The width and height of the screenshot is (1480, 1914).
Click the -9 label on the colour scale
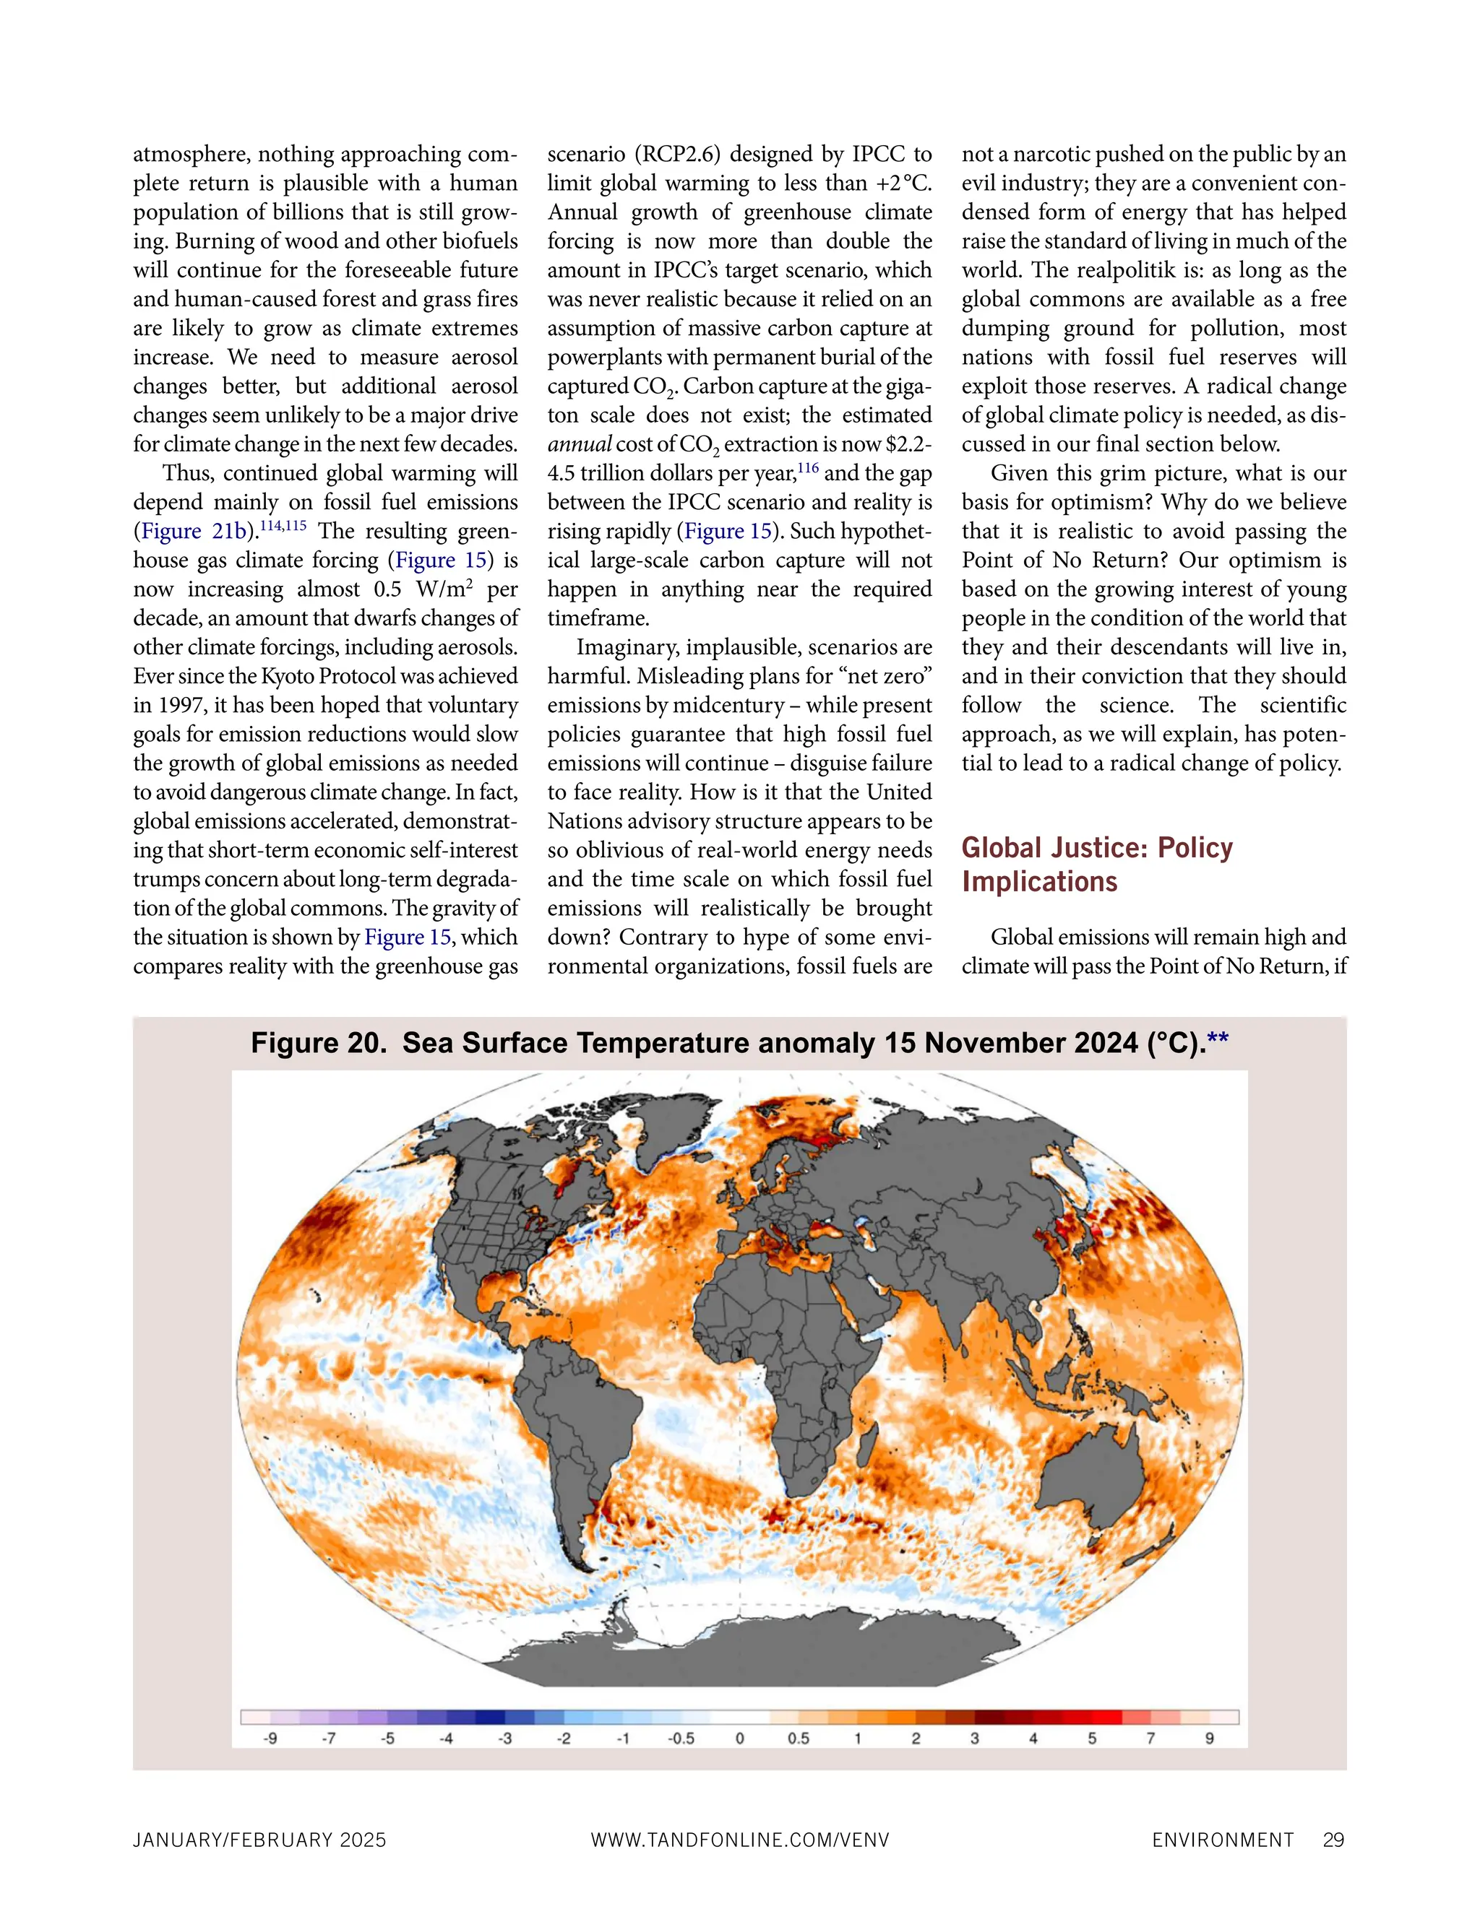tap(271, 1738)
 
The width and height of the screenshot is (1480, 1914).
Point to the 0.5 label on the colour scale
tap(798, 1738)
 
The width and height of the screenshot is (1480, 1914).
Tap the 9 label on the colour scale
tap(1209, 1738)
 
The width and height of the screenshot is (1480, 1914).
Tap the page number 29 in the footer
tap(1333, 1840)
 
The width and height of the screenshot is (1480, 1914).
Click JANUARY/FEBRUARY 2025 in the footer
tap(259, 1840)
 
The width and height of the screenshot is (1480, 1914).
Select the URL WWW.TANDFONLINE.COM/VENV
tap(740, 1840)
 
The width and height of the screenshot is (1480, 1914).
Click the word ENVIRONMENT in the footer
tap(1223, 1840)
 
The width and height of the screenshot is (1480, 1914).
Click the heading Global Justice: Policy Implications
tap(1097, 864)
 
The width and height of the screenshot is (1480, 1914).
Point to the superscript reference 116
tap(807, 468)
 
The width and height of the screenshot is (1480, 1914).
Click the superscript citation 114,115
tap(283, 526)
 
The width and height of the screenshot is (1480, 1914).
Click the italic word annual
tap(579, 445)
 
